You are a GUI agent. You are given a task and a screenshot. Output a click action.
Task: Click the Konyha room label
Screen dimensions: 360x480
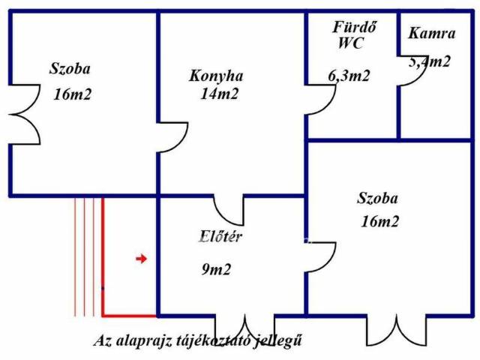coord(216,76)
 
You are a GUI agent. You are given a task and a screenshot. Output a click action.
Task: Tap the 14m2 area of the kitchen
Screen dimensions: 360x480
coord(219,94)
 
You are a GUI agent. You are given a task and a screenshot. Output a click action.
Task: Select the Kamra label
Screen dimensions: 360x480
coord(431,33)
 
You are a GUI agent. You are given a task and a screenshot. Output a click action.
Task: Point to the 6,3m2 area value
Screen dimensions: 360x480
coord(349,75)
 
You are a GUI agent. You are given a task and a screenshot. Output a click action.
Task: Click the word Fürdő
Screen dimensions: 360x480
coord(354,28)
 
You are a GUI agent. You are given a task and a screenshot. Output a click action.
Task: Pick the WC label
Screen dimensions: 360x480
coord(350,43)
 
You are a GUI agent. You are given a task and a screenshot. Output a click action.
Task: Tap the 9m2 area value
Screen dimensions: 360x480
coord(216,269)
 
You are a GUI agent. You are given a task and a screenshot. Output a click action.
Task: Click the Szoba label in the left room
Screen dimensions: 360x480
coord(70,70)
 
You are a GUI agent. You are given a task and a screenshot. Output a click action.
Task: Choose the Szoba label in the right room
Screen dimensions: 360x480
coord(377,199)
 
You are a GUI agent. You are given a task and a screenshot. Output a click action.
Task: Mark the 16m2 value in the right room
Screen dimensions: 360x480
coord(379,221)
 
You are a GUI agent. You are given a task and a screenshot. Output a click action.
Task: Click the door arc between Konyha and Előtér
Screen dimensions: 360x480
coord(227,210)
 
